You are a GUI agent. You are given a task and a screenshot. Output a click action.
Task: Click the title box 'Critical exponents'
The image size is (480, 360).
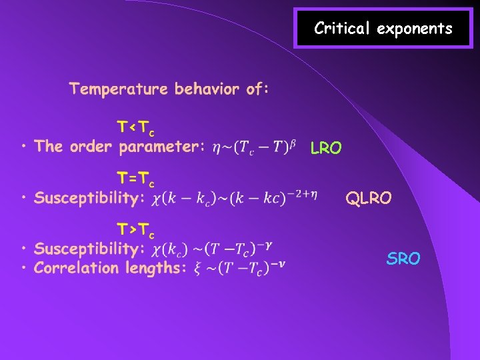[x=383, y=28]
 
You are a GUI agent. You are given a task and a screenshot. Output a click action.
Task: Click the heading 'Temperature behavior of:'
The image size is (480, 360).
[x=169, y=89]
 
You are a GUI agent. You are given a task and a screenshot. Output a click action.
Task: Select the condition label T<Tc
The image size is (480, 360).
[x=136, y=127]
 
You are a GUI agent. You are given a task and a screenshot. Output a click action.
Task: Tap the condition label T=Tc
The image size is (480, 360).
[x=136, y=179]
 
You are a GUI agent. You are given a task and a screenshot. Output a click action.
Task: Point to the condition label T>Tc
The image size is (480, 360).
[x=136, y=231]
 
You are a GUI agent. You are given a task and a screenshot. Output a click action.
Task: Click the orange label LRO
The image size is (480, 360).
[x=326, y=149]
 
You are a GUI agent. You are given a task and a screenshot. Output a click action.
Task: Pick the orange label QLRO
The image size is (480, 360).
[x=369, y=198]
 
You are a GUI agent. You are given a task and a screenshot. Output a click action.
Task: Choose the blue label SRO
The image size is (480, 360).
[x=403, y=259]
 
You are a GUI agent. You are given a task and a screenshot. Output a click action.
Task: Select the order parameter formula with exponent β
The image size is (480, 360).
[x=253, y=146]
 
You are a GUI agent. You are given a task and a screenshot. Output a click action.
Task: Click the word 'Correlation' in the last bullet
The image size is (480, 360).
[x=77, y=269]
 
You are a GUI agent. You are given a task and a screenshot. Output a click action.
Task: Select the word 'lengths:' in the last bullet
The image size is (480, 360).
[x=155, y=269]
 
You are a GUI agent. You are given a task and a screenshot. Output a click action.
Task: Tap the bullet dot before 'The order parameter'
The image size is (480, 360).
[x=23, y=146]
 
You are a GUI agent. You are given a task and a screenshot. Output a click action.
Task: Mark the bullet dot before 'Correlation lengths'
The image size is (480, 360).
[x=23, y=269]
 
